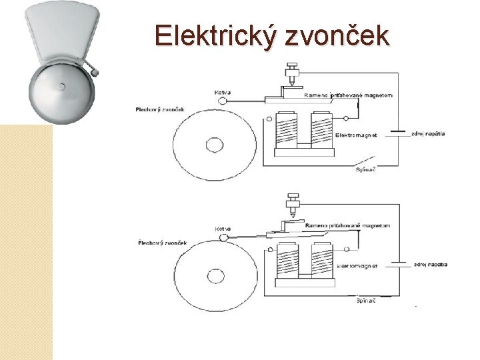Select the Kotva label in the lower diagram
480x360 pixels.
(x=223, y=229)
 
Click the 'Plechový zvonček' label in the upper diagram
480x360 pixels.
(x=160, y=109)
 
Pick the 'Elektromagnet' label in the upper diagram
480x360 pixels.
(x=356, y=135)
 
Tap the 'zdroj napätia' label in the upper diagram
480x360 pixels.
(x=427, y=133)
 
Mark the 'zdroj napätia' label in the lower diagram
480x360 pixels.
(x=429, y=264)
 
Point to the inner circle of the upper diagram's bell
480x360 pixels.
(x=215, y=145)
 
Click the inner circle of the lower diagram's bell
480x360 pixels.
(x=215, y=273)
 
